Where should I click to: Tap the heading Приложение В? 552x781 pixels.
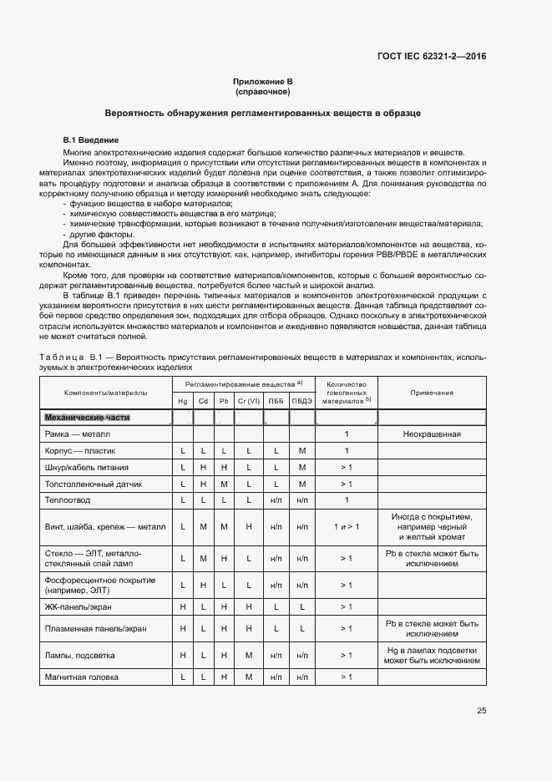[x=262, y=81]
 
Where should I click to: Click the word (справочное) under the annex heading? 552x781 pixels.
[x=262, y=91]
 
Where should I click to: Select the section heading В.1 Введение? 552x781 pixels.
[x=91, y=139]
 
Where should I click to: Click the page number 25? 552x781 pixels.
[x=481, y=711]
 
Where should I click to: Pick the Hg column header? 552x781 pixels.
[x=183, y=401]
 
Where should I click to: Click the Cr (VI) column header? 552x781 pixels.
[x=249, y=401]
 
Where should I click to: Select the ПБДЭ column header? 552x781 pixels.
[x=301, y=401]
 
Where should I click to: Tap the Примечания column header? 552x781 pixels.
[x=432, y=392]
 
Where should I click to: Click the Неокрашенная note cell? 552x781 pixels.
[x=432, y=435]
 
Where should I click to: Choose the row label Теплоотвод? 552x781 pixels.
[x=67, y=500]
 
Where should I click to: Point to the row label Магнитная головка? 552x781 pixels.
[x=81, y=677]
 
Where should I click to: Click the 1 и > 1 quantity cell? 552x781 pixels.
[x=347, y=527]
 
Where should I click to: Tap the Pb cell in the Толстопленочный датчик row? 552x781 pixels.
[x=223, y=484]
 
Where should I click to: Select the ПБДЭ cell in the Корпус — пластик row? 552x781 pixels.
[x=301, y=451]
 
